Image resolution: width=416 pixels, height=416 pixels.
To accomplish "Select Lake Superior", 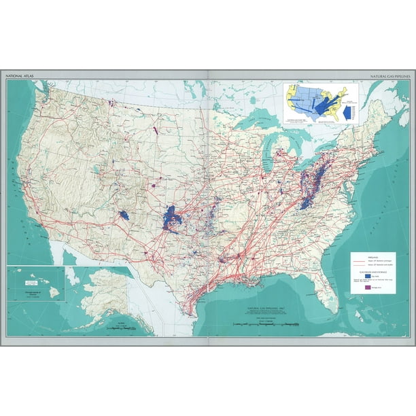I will coord(255,122).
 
